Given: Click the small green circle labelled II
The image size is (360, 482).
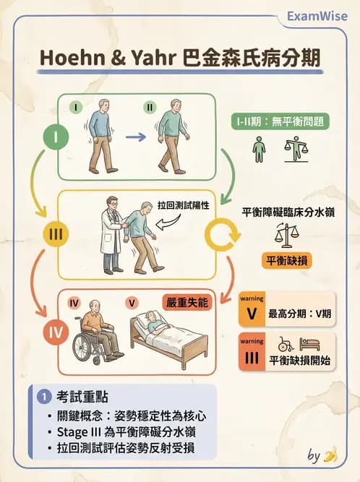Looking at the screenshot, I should click(x=150, y=106).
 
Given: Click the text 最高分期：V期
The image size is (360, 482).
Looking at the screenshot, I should click(x=299, y=314).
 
